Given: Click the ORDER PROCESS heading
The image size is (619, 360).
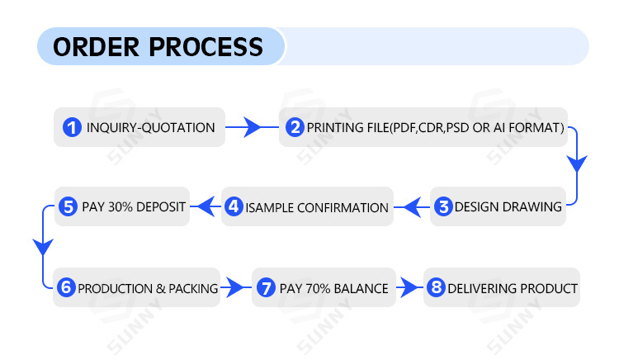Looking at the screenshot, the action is (158, 46).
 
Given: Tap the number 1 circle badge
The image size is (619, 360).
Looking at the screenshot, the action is (73, 128).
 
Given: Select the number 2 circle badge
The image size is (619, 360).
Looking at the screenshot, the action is (295, 128).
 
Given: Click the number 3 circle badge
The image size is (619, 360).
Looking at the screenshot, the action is (444, 207).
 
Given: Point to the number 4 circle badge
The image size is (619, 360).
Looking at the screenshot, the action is (234, 207).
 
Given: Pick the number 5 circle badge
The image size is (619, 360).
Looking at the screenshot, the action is (68, 206).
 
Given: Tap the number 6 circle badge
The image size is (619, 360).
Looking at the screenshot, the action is (66, 288).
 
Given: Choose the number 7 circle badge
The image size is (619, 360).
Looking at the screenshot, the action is (265, 288).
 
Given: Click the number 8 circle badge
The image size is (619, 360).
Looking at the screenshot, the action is (436, 288).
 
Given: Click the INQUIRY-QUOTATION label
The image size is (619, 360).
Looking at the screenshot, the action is (150, 128).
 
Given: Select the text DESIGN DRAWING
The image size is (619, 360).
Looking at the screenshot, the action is (508, 207).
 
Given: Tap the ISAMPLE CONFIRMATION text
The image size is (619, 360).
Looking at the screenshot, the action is (317, 208).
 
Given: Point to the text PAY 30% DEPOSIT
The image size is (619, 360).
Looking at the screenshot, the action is (134, 206).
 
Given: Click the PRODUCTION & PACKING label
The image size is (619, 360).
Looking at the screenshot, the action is (148, 289).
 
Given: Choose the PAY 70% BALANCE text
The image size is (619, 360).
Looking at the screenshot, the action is (333, 289).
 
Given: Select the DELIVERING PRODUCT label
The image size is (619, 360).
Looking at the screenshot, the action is (512, 289).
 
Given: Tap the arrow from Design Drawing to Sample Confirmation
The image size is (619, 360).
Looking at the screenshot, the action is (410, 207).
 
